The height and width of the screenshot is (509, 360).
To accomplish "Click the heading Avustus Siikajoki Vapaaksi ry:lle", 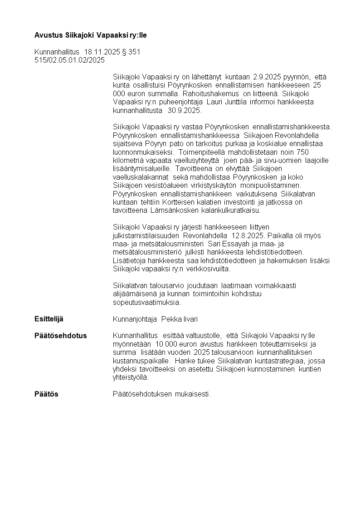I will click(x=91, y=35).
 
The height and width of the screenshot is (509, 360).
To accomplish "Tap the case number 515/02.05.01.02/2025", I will click(x=69, y=60).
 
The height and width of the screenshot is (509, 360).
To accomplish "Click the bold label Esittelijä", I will click(x=49, y=319).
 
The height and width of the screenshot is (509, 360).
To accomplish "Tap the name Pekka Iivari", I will click(x=180, y=319).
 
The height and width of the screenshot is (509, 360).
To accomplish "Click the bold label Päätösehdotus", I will click(x=61, y=336).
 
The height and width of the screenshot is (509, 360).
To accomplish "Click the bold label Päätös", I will click(x=46, y=394).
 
